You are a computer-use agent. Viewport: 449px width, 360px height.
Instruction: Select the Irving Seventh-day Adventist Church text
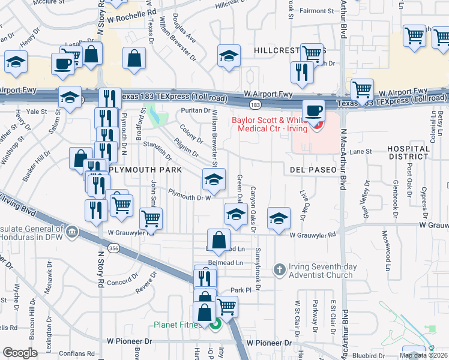(x=322, y=271)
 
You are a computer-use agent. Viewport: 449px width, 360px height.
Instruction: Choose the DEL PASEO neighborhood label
(x=313, y=170)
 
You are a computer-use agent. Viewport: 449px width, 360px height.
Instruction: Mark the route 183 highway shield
(x=255, y=105)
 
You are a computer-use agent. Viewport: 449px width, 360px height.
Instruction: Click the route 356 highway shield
(x=112, y=247)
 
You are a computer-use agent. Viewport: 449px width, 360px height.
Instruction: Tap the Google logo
(x=20, y=352)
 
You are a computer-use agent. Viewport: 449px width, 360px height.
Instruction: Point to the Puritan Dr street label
(x=198, y=110)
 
